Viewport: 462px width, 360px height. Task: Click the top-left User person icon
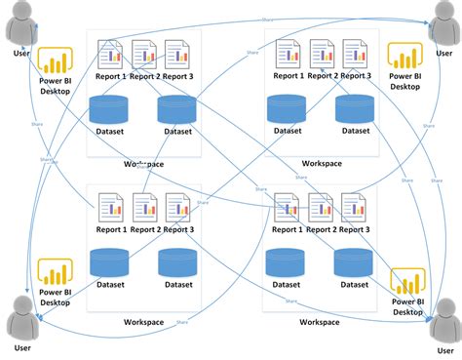[x=19, y=23]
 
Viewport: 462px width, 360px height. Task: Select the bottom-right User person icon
[x=443, y=319]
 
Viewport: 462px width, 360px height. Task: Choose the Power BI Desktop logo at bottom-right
[x=407, y=283]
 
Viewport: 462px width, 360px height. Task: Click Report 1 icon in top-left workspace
[x=110, y=54]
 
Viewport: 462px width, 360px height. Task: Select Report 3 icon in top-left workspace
[x=176, y=54]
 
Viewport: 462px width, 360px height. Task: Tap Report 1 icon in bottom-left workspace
[x=110, y=207]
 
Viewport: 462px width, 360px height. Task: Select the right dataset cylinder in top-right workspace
[x=353, y=109]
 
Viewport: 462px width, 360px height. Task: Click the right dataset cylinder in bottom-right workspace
[x=353, y=263]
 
